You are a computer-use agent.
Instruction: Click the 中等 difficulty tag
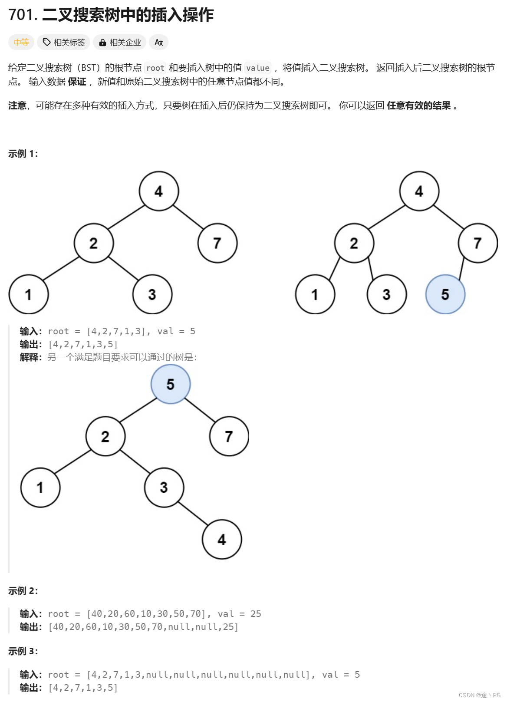point(21,42)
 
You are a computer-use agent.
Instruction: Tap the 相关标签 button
point(64,42)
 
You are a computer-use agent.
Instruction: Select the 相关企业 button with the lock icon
point(120,42)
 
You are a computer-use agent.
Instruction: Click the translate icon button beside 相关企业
point(158,42)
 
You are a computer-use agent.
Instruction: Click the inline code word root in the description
point(155,68)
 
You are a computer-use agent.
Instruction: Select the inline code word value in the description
point(258,68)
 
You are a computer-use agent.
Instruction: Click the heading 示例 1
point(23,154)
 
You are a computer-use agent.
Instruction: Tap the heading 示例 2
point(23,591)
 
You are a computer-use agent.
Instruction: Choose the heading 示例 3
point(23,651)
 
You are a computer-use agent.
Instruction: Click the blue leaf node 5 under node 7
point(445,294)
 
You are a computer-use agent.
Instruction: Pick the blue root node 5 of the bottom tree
point(171,384)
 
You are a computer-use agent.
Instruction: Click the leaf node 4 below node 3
point(222,540)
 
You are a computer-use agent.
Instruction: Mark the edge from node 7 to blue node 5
point(462,269)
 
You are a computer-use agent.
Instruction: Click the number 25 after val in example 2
point(256,614)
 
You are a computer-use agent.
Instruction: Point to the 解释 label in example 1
point(30,357)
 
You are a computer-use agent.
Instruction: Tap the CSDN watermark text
point(479,695)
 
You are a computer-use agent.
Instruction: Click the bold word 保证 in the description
point(77,82)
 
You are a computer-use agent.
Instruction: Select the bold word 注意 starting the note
point(17,105)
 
